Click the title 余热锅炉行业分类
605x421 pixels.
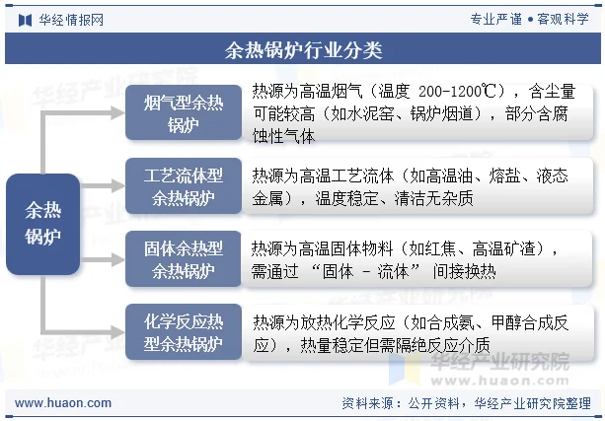click(x=303, y=46)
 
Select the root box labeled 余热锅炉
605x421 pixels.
click(x=42, y=223)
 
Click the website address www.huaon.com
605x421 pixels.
click(x=63, y=403)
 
